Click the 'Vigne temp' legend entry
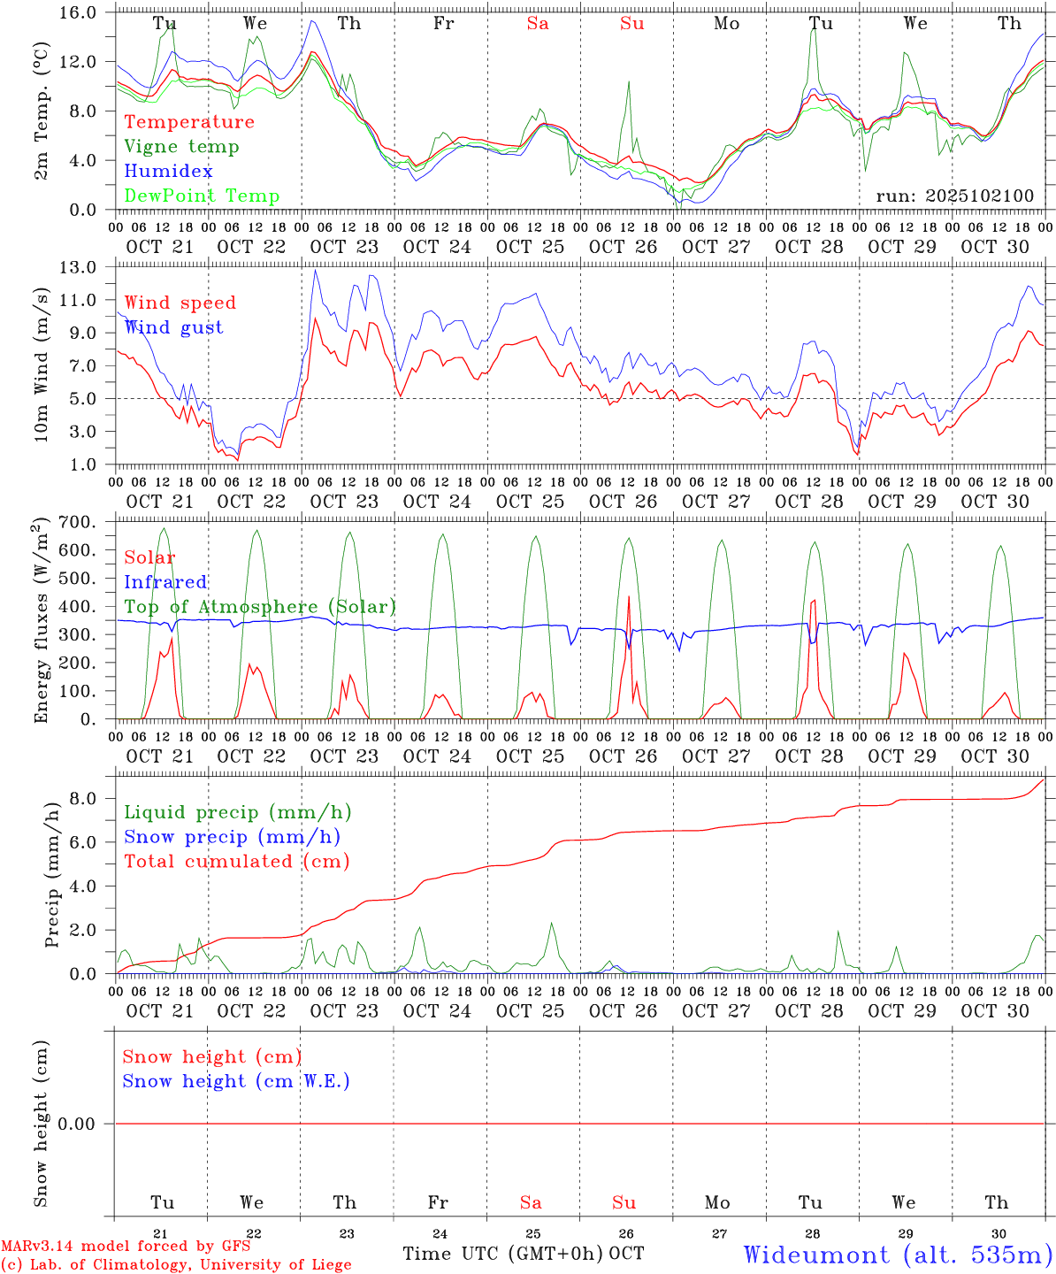[181, 147]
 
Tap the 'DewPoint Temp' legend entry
[202, 196]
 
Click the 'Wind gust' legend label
[173, 327]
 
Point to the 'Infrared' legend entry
[165, 582]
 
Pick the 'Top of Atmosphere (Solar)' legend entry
[260, 607]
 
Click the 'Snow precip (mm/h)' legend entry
[232, 837]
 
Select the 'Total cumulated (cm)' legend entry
[236, 862]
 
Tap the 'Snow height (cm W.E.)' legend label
[236, 1081]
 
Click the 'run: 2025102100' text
[954, 196]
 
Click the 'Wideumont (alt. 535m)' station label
[898, 1255]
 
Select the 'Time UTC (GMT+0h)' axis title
[503, 1254]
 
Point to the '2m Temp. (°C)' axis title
[41, 111]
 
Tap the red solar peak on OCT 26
[629, 597]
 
